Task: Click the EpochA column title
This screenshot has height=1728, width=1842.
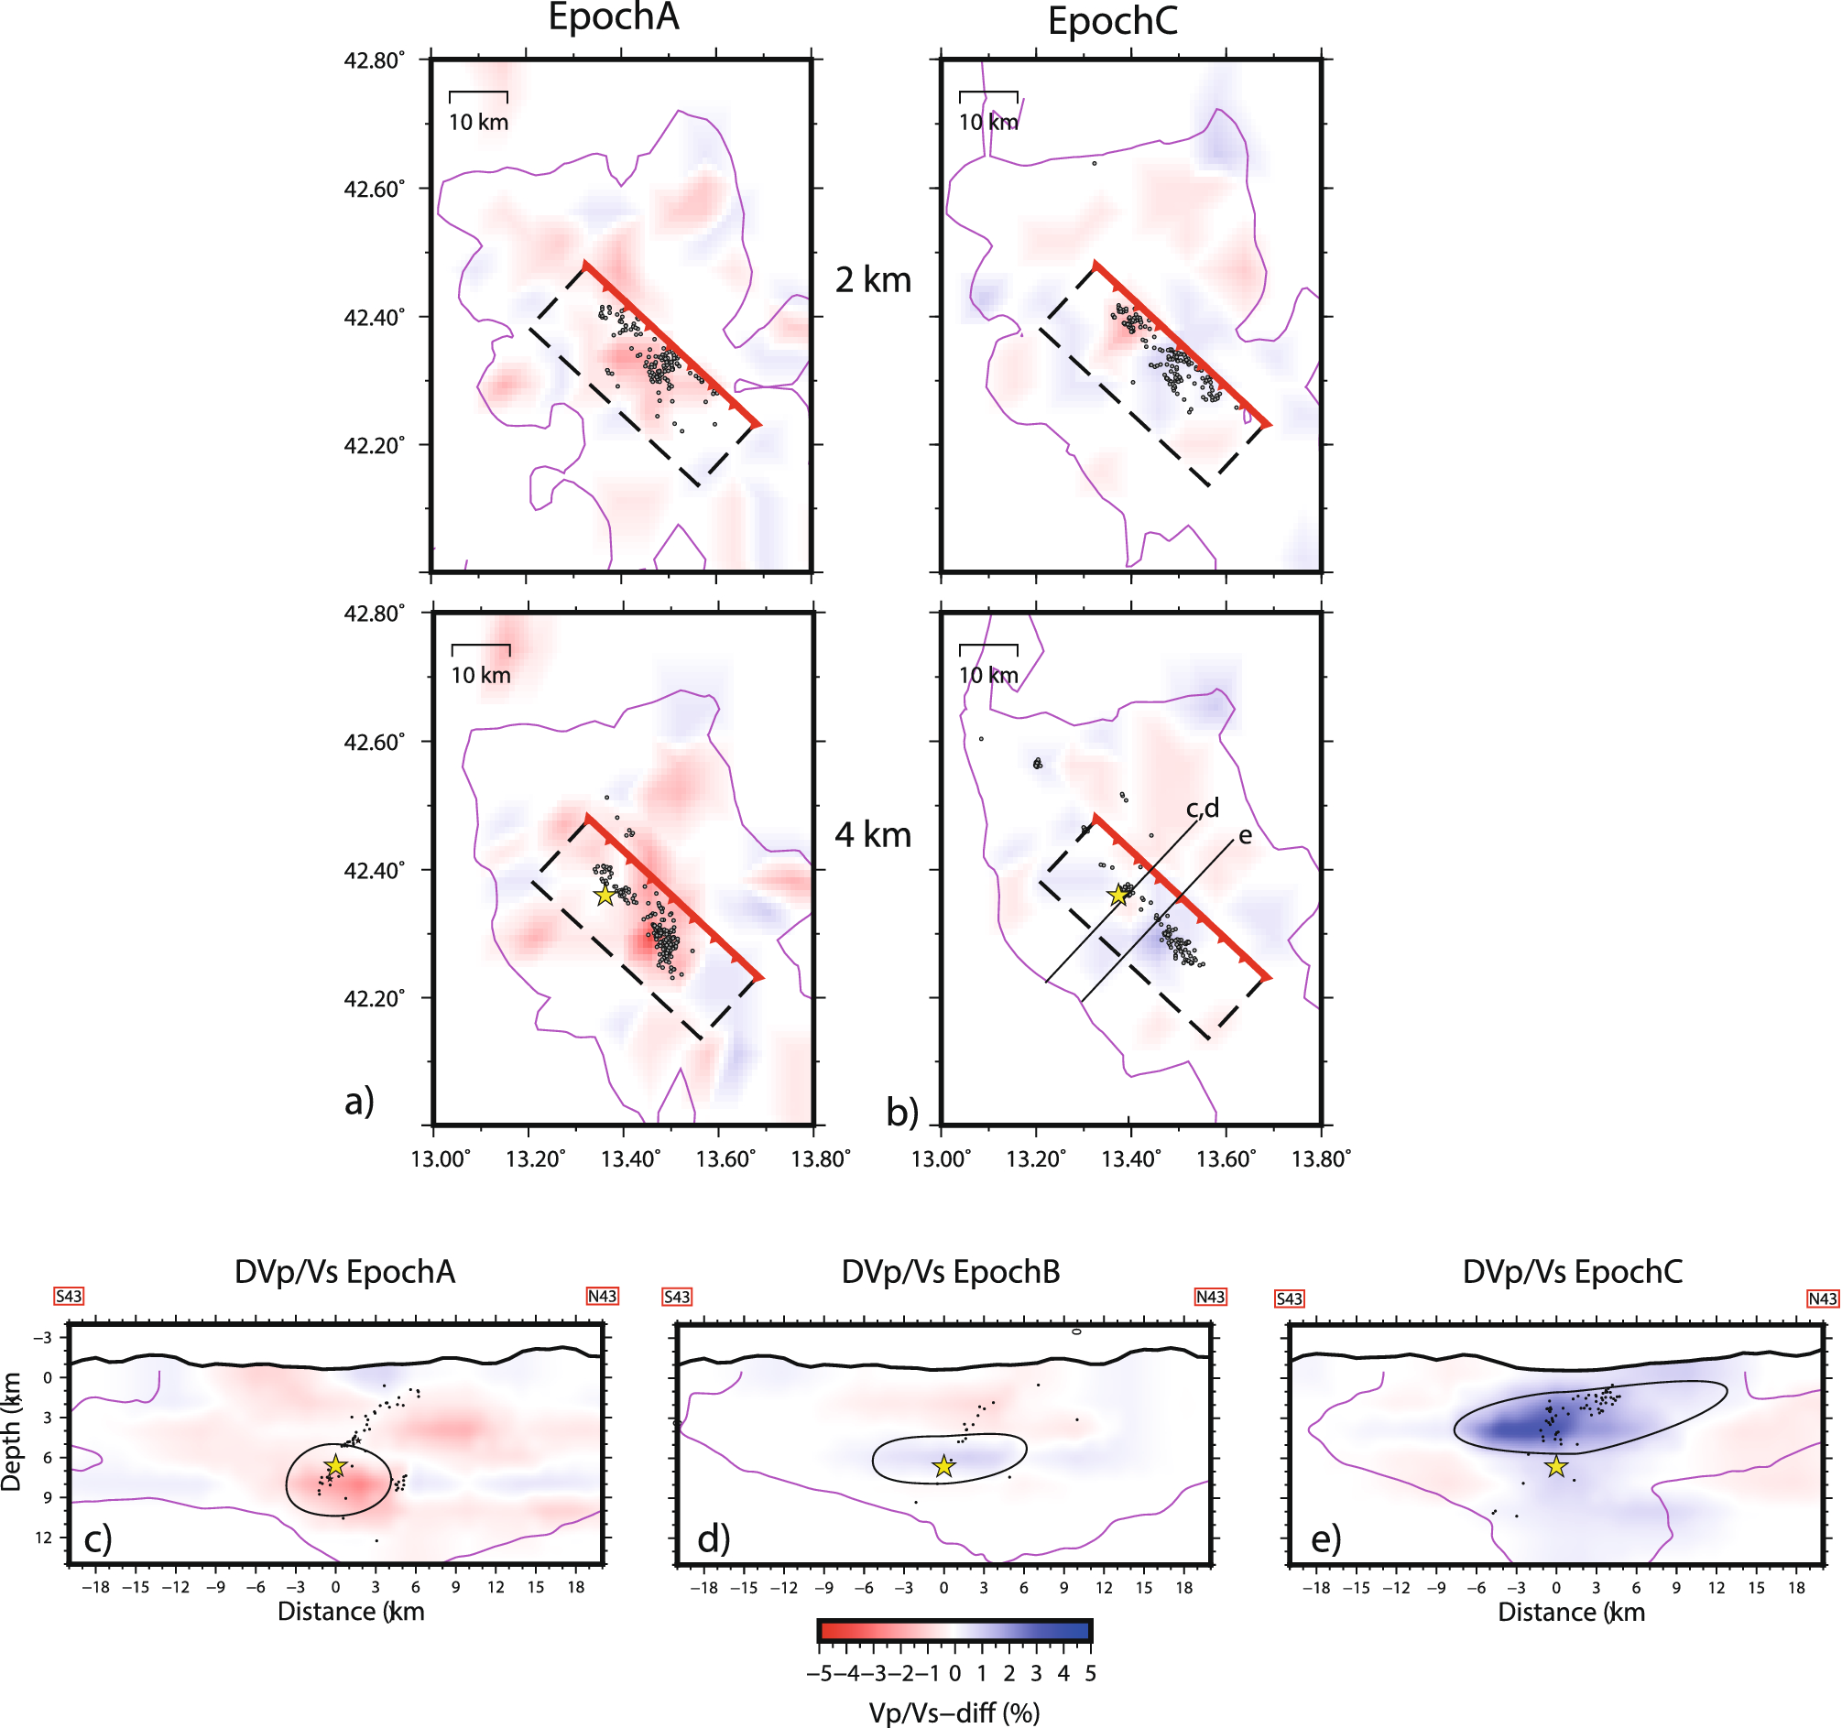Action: point(614,17)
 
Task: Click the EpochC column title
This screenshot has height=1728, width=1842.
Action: point(1112,21)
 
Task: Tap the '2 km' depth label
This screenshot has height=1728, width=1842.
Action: point(873,280)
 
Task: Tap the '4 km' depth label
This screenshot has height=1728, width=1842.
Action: point(873,835)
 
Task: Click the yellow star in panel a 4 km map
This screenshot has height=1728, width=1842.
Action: point(605,895)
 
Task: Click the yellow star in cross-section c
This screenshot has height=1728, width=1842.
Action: point(335,1466)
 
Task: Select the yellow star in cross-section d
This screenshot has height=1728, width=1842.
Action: point(943,1466)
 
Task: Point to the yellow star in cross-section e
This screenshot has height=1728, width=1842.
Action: point(1555,1467)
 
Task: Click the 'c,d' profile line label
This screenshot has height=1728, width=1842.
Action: point(1203,809)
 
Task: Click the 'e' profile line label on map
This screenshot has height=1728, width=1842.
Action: point(1246,836)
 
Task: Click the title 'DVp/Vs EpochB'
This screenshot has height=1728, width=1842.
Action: point(950,1272)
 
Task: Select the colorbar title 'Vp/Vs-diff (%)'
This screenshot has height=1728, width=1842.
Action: point(954,1712)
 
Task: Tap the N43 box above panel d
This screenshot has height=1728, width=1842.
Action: point(1210,1298)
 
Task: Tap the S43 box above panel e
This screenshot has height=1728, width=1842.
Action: point(1289,1299)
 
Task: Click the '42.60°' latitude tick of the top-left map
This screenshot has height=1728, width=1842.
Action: point(375,189)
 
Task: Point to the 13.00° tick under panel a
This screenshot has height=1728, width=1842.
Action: point(441,1159)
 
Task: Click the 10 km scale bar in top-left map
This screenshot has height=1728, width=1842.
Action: point(478,93)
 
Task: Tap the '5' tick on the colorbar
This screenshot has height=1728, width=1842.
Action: point(1090,1673)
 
